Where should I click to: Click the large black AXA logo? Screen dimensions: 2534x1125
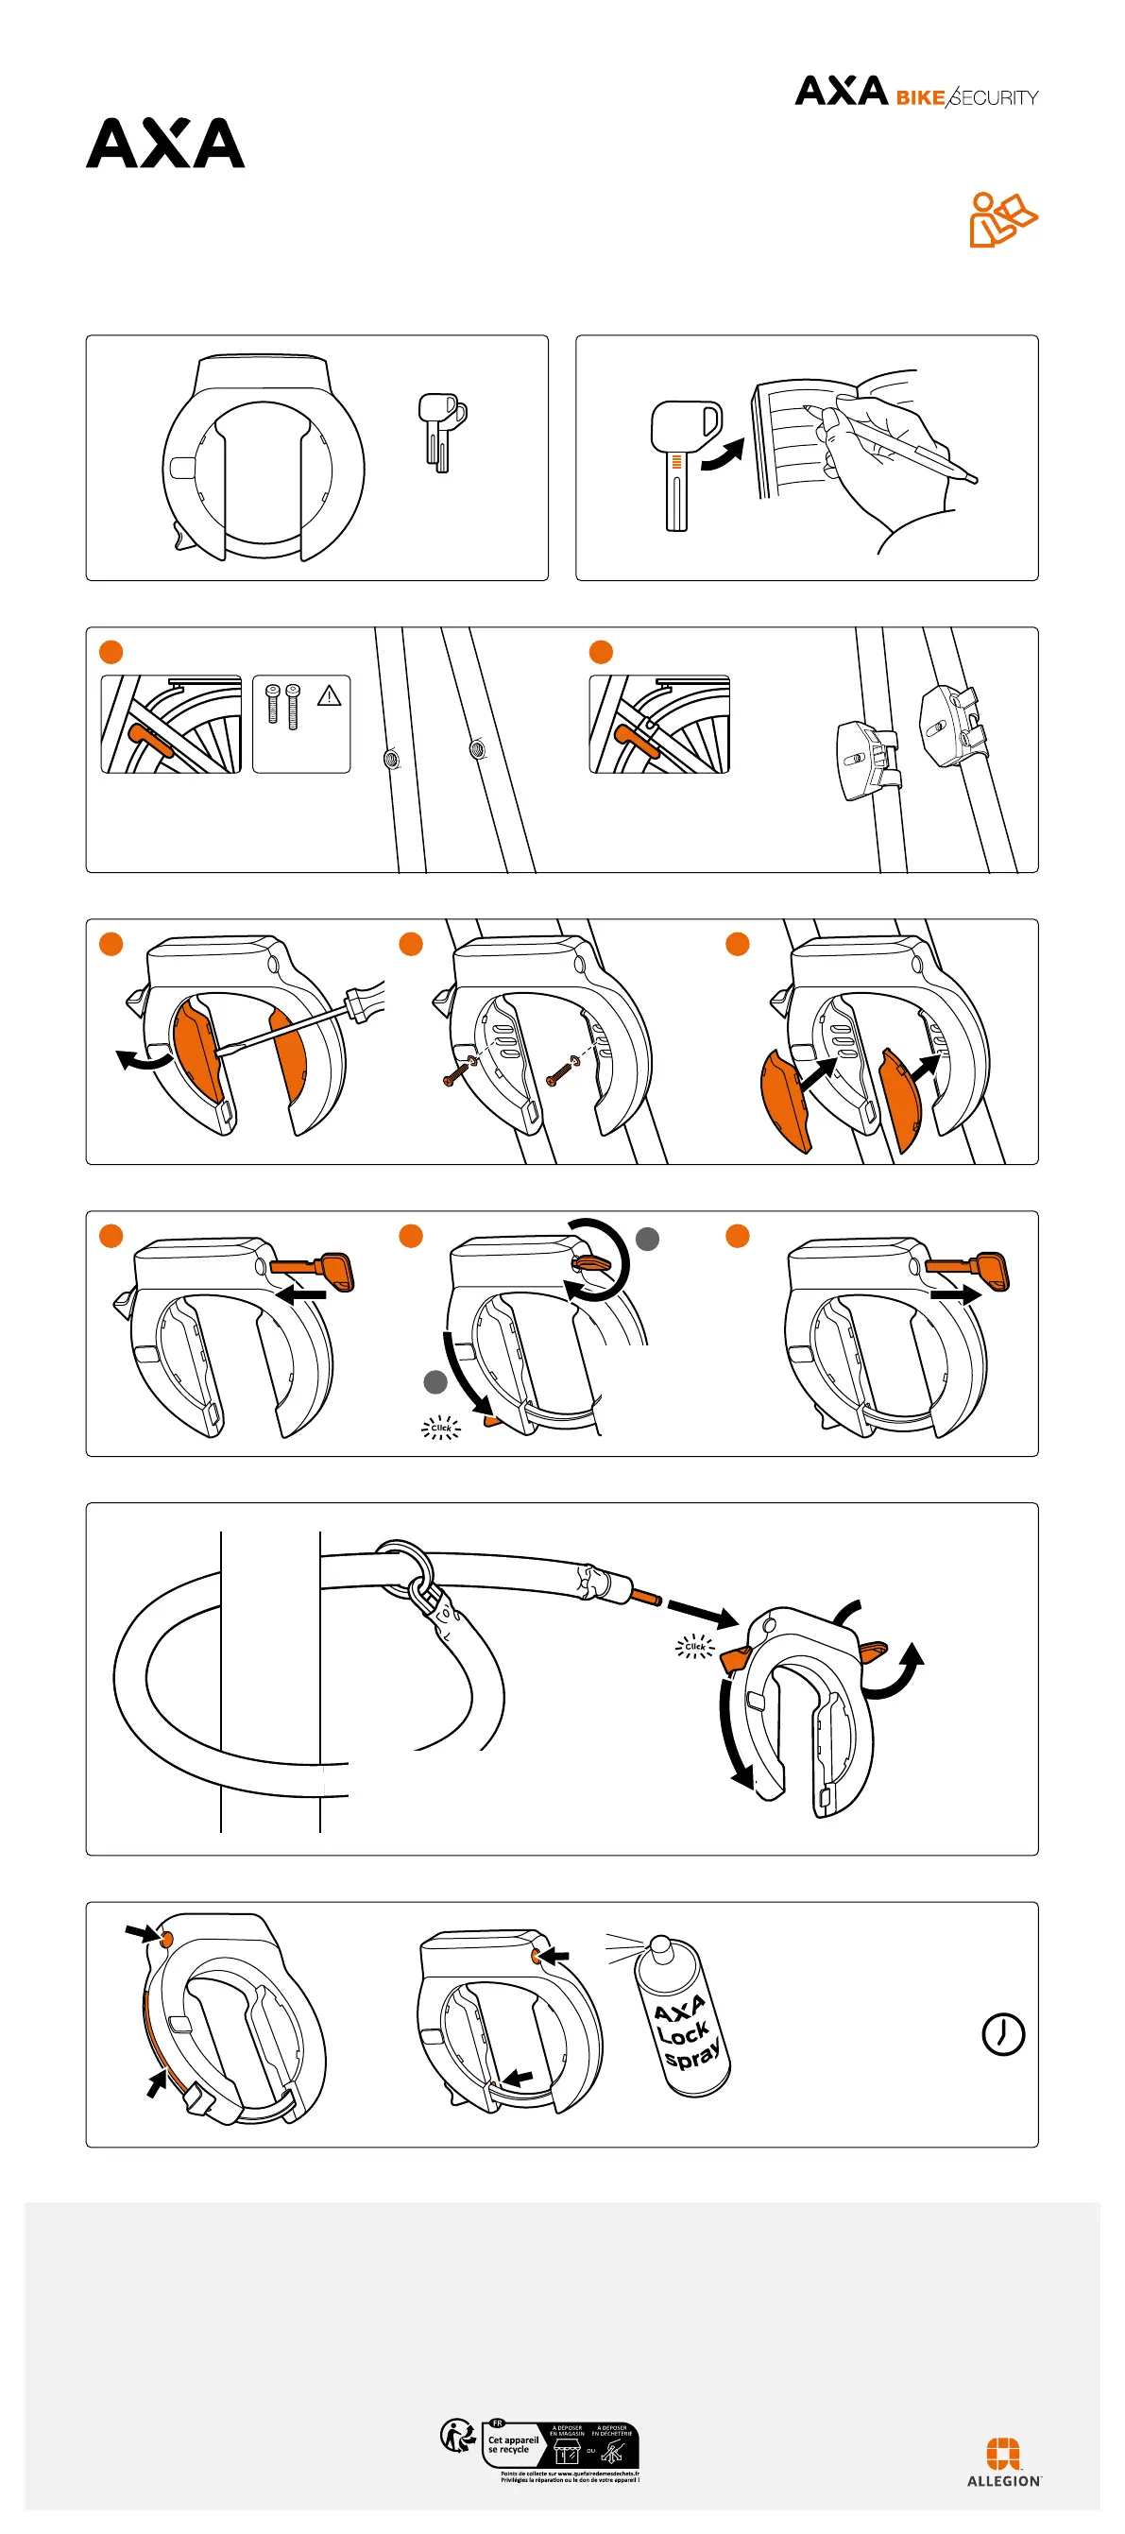tap(165, 144)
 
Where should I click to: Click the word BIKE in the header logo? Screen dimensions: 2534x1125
tap(919, 97)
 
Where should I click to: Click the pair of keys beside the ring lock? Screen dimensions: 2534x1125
tap(441, 430)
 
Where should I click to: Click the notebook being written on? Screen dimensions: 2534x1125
tap(793, 437)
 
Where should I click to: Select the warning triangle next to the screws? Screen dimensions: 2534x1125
tap(330, 696)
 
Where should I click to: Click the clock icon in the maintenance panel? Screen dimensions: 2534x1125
tap(1003, 2033)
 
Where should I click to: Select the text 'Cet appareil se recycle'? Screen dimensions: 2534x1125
tap(512, 2444)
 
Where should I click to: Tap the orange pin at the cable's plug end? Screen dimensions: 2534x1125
tap(646, 1598)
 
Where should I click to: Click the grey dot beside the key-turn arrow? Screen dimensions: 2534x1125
tap(647, 1240)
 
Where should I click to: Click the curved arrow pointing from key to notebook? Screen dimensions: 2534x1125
tap(723, 454)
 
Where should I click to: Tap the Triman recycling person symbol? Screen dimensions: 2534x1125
tap(457, 2437)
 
